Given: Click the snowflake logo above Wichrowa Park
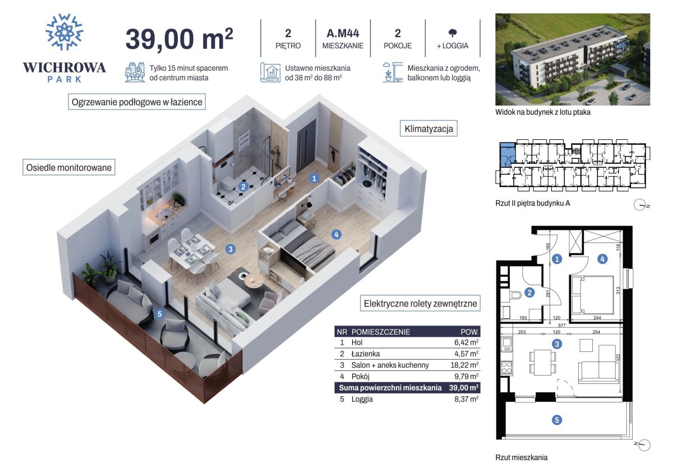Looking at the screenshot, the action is point(64,32).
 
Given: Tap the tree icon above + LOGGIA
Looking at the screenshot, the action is point(453,33).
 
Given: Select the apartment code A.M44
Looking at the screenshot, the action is point(343,33).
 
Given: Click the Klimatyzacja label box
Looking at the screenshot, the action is point(428,129).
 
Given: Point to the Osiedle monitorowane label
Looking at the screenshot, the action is point(69,167).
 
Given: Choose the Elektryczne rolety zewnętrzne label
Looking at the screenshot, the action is point(420,304).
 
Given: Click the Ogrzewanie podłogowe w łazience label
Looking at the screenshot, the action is point(137,102).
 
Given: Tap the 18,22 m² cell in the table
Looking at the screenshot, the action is point(464,365).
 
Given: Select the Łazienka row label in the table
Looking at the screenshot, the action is point(365,354).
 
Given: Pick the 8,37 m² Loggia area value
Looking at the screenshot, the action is point(466,399).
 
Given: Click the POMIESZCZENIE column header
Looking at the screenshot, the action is point(381,332).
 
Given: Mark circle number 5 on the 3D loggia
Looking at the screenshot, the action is point(159,314).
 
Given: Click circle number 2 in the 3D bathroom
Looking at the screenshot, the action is point(243,187).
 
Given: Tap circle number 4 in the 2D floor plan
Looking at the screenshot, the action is point(602,259).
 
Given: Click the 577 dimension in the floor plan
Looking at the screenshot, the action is point(561,325).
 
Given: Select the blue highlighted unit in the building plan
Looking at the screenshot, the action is point(507,154).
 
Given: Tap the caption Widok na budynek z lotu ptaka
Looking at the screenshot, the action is point(543,112).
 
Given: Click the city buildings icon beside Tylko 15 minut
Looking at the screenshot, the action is point(135,72).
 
